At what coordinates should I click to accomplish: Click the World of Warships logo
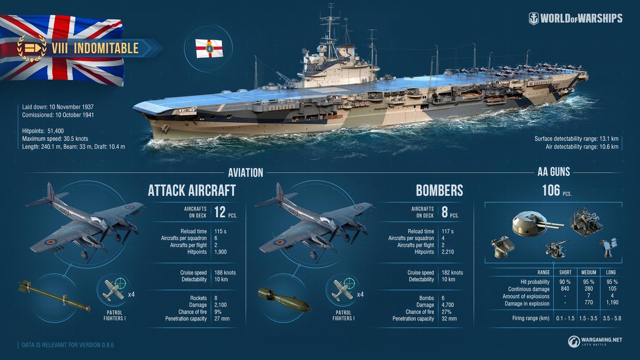575,19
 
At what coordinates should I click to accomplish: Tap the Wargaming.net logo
595,341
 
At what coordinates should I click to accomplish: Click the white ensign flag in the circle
209,49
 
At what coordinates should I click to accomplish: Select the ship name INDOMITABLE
106,49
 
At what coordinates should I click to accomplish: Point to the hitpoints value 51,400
55,131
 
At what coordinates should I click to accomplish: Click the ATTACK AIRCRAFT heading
191,190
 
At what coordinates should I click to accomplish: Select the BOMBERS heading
439,190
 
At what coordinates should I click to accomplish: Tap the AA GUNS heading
554,172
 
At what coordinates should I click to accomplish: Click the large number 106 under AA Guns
551,190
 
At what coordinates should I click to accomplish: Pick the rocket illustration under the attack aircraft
54,295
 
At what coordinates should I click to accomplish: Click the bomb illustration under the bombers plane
284,299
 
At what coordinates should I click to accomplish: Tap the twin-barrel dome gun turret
537,223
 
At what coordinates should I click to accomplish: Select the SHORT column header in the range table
565,273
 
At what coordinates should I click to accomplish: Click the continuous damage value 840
565,289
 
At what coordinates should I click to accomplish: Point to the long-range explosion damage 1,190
612,302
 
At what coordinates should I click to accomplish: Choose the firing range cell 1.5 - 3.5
588,318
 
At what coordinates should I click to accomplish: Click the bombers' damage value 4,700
447,305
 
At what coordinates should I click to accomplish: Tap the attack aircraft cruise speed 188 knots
225,273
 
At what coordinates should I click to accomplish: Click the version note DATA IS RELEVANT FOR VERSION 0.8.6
68,345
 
